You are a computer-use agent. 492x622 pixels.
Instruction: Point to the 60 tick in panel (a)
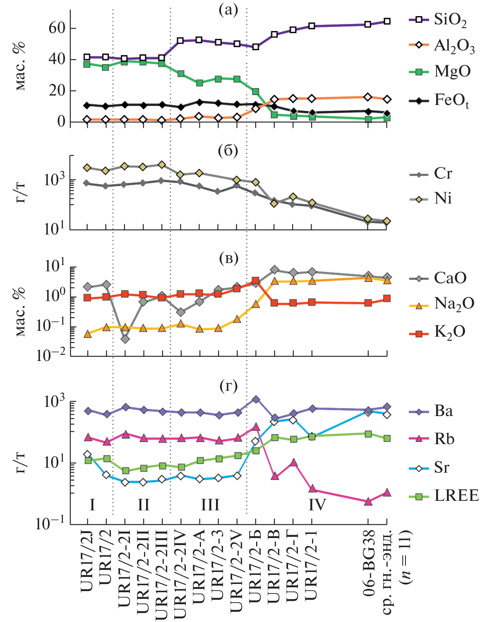(57, 28)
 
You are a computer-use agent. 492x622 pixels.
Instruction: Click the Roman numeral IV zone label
(317, 505)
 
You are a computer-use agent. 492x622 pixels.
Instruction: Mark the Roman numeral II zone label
(143, 505)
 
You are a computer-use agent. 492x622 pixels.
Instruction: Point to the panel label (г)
(228, 386)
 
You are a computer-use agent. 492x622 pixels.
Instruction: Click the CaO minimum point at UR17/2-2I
(125, 339)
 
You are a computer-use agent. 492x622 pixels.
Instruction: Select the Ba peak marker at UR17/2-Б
(256, 400)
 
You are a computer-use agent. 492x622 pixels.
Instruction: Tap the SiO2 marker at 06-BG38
(368, 24)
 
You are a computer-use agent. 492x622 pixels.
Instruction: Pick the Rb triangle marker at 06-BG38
(368, 502)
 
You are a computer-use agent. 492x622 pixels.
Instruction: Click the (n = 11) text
(406, 557)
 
